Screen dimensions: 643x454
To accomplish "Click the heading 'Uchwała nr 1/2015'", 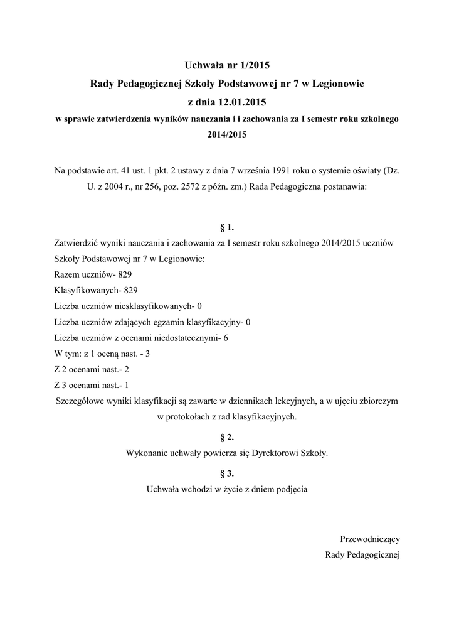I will coord(227,65).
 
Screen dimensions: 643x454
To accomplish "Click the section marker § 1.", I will coord(227,226).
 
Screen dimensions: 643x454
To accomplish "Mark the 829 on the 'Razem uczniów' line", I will coord(125,275).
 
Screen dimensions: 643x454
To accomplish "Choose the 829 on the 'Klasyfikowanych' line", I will coord(130,291).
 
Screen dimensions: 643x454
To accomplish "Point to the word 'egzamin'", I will coord(181,323).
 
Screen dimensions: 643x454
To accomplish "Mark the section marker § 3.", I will coord(227,473).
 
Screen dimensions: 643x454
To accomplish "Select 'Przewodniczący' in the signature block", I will coord(370,539).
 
